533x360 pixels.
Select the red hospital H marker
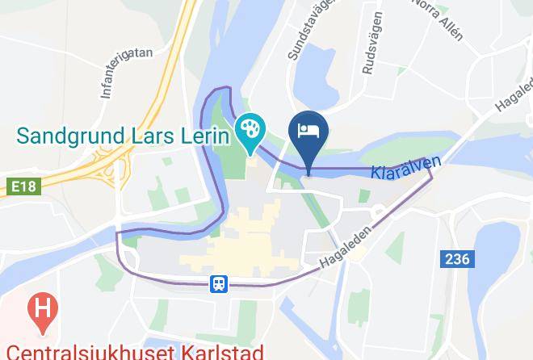coord(40,308)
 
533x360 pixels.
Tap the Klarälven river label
coord(406,168)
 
